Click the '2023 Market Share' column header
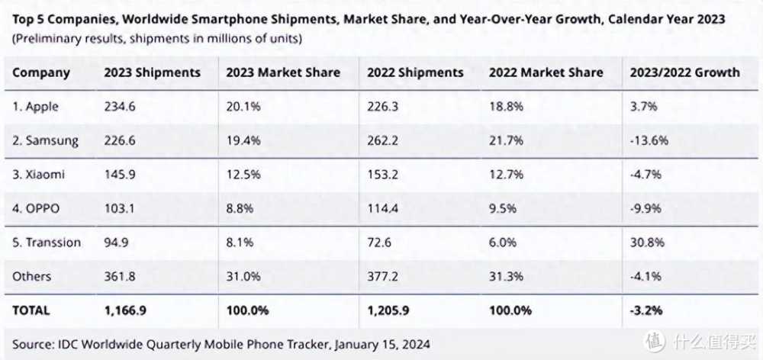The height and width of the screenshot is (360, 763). pyautogui.click(x=282, y=73)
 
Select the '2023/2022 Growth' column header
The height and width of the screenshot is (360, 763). pyautogui.click(x=684, y=73)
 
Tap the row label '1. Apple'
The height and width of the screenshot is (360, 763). pyautogui.click(x=35, y=107)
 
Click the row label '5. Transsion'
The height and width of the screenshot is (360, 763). pyautogui.click(x=47, y=243)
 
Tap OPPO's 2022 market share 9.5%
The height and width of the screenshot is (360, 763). pyautogui.click(x=506, y=209)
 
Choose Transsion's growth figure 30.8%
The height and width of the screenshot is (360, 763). pyautogui.click(x=648, y=243)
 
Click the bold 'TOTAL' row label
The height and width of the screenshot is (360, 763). pyautogui.click(x=31, y=310)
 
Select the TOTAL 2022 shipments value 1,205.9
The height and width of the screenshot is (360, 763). pyautogui.click(x=391, y=310)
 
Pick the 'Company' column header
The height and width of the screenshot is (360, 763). pyautogui.click(x=41, y=73)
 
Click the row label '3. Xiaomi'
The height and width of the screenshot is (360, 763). pyautogui.click(x=38, y=175)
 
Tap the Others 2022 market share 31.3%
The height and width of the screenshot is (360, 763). pyautogui.click(x=507, y=276)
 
